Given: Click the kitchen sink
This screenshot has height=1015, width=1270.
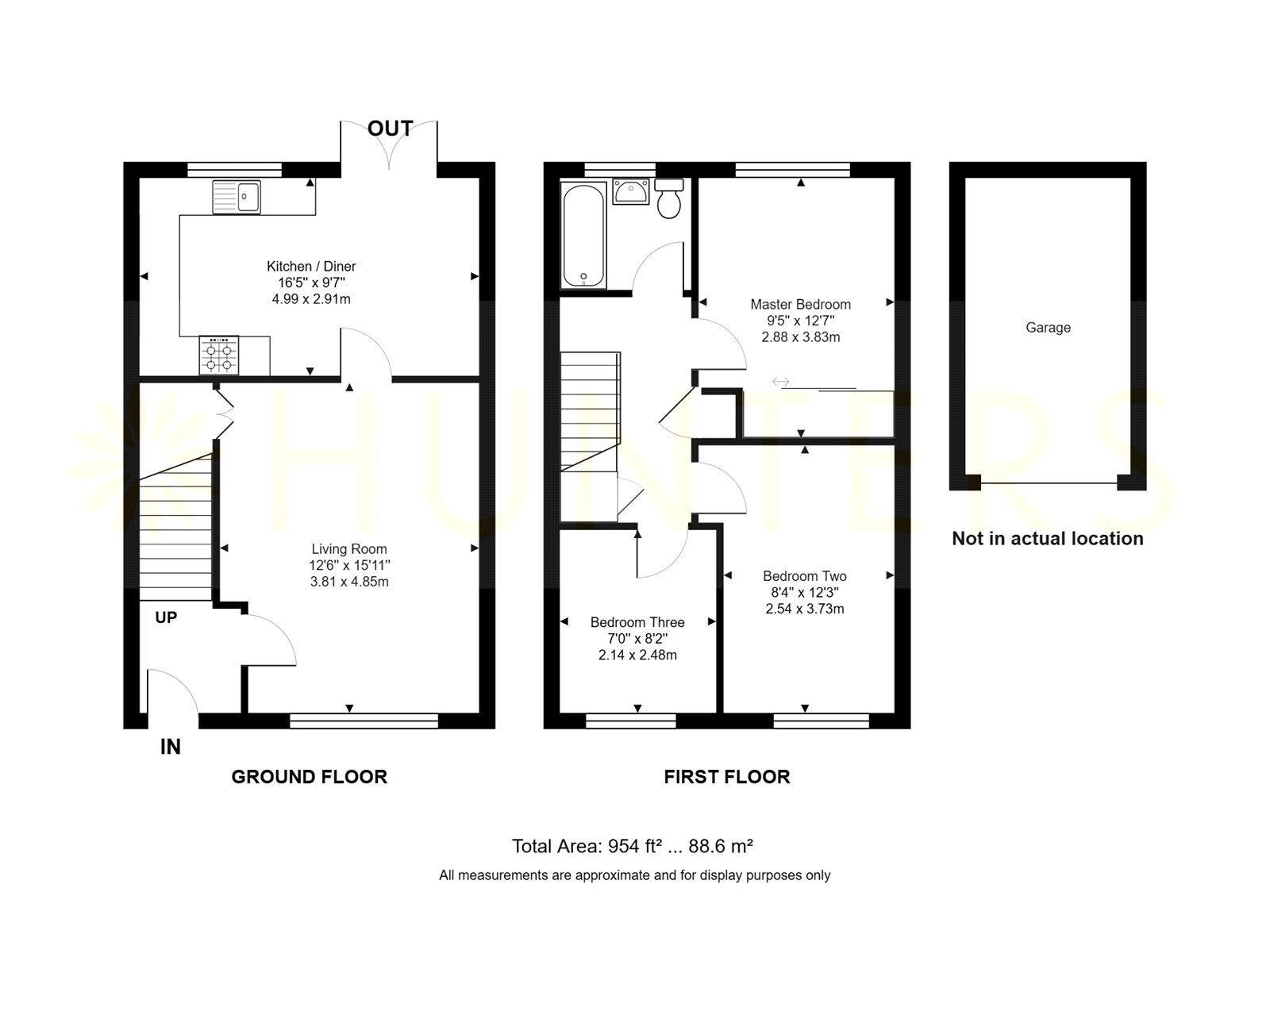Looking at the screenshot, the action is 236,197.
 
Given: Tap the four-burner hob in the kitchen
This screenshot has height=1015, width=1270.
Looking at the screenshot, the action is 219,356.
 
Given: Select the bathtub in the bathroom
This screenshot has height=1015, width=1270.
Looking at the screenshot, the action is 583,235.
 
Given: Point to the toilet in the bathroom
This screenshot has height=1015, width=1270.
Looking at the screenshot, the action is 668,198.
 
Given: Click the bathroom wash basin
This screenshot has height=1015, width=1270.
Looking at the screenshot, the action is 631,191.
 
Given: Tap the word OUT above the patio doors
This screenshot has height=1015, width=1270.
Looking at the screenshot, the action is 390,128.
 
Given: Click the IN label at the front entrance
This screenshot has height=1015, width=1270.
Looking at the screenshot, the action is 171,747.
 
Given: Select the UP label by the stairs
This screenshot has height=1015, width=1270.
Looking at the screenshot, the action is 166,617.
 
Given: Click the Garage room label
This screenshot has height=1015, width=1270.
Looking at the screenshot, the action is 1048,328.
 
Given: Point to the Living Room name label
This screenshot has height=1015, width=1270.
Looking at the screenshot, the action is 349,549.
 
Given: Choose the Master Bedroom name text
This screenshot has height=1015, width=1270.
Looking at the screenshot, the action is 800,305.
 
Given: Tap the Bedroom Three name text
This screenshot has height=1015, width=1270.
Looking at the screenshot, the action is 637,622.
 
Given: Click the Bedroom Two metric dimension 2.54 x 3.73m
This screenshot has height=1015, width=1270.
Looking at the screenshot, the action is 804,609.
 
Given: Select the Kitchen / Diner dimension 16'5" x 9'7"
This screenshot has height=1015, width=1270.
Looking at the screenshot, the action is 311,283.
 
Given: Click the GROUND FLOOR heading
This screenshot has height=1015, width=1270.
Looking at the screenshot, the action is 310,777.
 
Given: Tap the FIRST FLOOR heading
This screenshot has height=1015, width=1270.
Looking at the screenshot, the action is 727,777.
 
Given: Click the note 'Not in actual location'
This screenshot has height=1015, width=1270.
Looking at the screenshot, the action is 1048,538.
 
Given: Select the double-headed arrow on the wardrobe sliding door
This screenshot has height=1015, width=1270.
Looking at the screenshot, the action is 780,382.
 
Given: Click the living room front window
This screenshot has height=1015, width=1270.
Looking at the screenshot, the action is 364,721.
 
